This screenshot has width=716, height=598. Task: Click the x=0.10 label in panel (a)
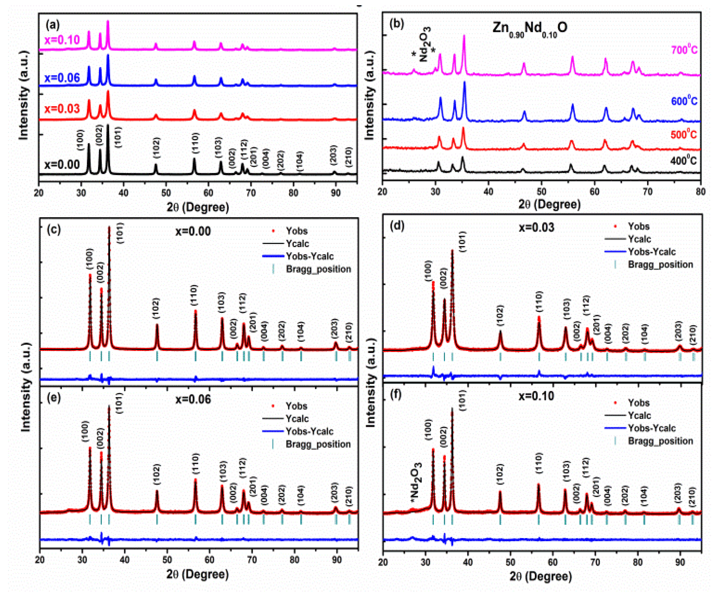pyautogui.click(x=62, y=40)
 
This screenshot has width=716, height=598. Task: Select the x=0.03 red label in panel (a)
pyautogui.click(x=62, y=108)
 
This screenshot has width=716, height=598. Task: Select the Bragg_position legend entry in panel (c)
pyautogui.click(x=318, y=269)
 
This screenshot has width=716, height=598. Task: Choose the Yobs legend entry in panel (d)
pyautogui.click(x=638, y=226)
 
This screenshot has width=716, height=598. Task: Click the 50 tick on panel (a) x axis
pyautogui.click(x=166, y=193)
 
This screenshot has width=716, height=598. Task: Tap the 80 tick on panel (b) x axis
pyautogui.click(x=700, y=192)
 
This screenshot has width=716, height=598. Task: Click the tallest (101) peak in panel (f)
pyautogui.click(x=452, y=409)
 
